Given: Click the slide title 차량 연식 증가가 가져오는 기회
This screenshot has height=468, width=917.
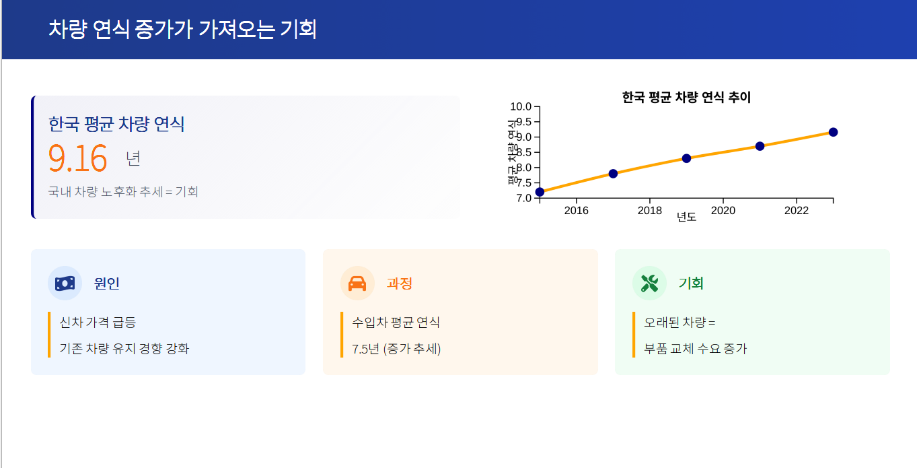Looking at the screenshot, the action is click(x=182, y=29).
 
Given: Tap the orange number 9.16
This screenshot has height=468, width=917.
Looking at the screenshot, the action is click(x=78, y=158).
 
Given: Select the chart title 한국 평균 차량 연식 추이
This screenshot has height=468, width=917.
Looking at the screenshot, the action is click(x=686, y=97).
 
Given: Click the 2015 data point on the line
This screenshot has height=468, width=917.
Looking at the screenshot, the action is click(x=540, y=192).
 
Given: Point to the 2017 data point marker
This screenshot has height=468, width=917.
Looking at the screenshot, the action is click(x=613, y=174).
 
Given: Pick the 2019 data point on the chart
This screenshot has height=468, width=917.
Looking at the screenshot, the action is click(x=686, y=158).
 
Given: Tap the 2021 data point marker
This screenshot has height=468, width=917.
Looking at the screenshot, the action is click(x=760, y=146).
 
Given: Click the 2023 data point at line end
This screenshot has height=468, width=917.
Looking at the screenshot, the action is click(x=833, y=132).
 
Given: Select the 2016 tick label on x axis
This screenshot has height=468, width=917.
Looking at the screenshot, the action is click(x=577, y=211).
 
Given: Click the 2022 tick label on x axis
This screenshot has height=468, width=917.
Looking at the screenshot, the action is click(x=797, y=211).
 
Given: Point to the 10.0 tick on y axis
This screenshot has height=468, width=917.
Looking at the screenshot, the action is click(x=521, y=106).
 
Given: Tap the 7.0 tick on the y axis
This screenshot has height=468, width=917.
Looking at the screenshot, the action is click(x=523, y=199).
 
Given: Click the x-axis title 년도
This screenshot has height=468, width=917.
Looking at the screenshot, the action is click(x=686, y=217).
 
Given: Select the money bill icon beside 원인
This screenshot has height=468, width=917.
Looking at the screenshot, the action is click(x=65, y=283).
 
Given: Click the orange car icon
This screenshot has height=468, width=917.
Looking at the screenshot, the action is click(x=357, y=283).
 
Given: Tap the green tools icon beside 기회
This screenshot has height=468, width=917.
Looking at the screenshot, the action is click(x=650, y=283).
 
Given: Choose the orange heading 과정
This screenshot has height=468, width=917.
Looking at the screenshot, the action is click(x=400, y=283).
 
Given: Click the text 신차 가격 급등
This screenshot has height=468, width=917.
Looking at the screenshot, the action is click(x=98, y=323).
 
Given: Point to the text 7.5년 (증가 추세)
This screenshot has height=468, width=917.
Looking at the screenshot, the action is click(x=396, y=349).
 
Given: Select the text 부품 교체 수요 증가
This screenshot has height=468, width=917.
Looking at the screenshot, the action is click(x=696, y=349).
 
